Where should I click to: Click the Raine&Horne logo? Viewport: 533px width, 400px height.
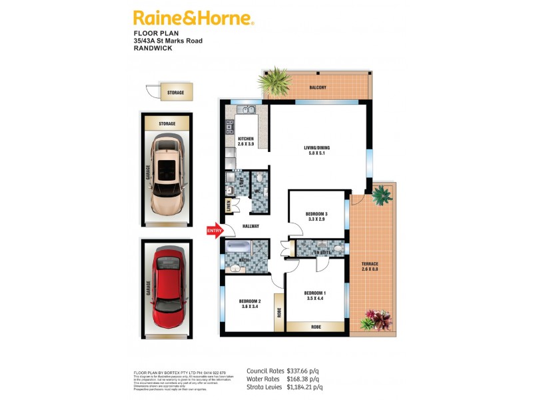pos(194,18)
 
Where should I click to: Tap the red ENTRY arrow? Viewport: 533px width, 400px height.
pos(215,231)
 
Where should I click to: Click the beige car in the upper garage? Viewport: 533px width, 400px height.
pos(167,175)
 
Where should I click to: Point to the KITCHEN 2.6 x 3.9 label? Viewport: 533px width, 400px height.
pos(246,142)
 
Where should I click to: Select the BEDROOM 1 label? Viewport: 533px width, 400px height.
pos(315,296)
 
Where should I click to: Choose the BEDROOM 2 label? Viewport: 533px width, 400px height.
pos(250,305)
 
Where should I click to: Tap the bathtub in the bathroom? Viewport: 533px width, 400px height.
pos(238,251)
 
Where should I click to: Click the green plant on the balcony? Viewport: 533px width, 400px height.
pos(276,81)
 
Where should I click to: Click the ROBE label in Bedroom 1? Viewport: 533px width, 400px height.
pos(316,327)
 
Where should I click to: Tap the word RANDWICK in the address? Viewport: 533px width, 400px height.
pos(153,49)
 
